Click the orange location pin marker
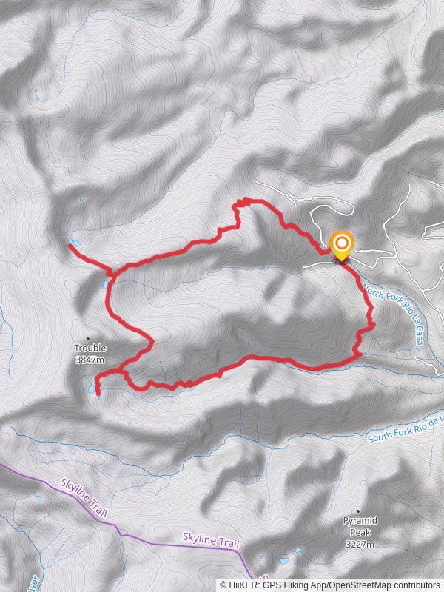tap(341, 245)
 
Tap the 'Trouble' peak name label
tap(90, 348)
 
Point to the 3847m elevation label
tap(90, 360)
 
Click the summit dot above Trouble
tap(90, 338)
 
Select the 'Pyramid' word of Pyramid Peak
tap(359, 521)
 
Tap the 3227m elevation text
tap(359, 545)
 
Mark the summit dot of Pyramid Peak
tap(359, 511)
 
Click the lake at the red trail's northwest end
tap(73, 243)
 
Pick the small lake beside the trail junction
tap(106, 283)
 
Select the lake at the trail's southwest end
tap(96, 391)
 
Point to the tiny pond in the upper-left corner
tap(36, 94)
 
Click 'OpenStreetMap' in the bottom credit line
tap(356, 584)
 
